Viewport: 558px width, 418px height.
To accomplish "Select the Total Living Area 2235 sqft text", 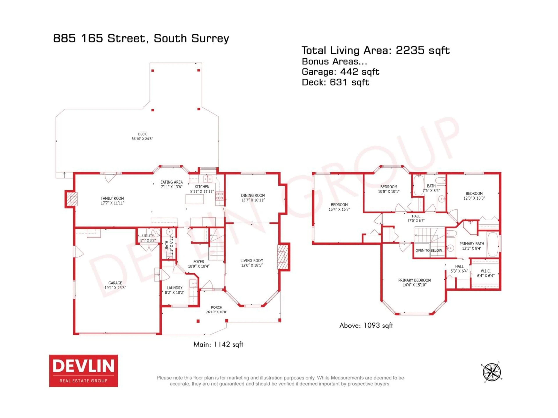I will point(375,50).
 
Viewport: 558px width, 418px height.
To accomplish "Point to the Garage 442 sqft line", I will point(340,72).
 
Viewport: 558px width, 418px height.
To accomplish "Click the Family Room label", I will point(112,201).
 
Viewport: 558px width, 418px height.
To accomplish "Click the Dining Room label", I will point(253,198).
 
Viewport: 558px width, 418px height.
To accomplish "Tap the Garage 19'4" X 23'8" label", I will point(115,285).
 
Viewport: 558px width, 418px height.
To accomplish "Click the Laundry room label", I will point(175,290).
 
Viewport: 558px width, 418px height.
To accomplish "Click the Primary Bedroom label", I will point(414,282).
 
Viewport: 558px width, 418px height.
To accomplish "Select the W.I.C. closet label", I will point(486,273).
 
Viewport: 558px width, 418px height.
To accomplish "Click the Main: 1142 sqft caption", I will point(218,344).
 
